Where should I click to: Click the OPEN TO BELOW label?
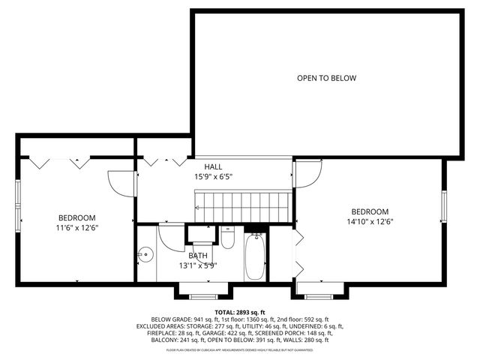click(x=326, y=78)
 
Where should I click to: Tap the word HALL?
click(x=213, y=166)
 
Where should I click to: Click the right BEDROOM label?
click(x=370, y=211)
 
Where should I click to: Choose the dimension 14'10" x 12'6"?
click(x=370, y=222)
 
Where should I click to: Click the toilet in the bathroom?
click(x=228, y=239)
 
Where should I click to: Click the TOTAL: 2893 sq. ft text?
click(x=240, y=312)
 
